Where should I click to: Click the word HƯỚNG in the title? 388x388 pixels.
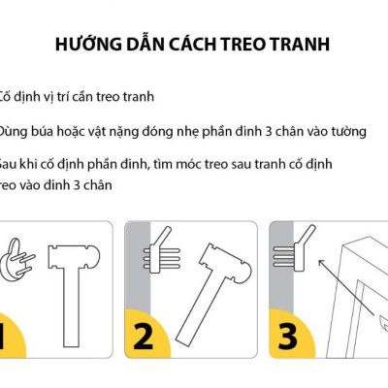pyautogui.click(x=86, y=46)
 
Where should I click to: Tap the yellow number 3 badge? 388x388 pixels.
pyautogui.click(x=288, y=336)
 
